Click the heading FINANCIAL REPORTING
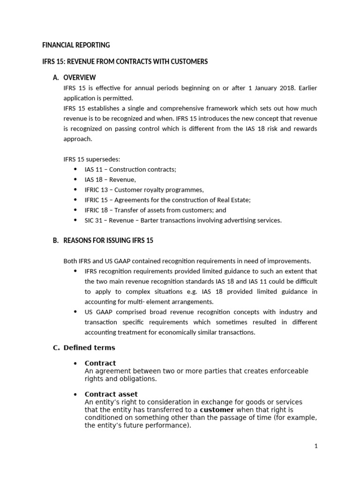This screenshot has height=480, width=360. (76, 45)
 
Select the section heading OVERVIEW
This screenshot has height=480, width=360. (80, 77)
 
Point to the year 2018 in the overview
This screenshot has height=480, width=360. (273, 88)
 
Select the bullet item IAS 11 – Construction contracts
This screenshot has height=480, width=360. (130, 169)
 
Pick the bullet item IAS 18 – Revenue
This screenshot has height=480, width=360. (110, 180)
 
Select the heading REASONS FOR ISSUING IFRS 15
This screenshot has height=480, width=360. (108, 240)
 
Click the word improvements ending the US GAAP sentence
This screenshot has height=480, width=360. (292, 261)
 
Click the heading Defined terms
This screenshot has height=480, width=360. (89, 348)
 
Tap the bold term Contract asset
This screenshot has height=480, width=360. (111, 394)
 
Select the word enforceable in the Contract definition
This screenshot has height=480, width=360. (286, 371)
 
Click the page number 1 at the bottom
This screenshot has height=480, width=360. (316, 446)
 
